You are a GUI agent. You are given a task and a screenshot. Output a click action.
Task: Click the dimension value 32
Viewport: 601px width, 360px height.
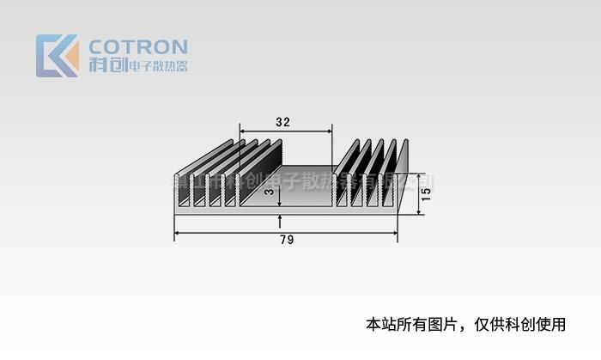[282, 122]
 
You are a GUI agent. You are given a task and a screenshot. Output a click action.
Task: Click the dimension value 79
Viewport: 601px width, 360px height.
[287, 241]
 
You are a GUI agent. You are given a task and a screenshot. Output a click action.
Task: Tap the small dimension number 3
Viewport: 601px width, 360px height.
[269, 193]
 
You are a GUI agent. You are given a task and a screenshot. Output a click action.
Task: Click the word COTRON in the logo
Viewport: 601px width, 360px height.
[137, 46]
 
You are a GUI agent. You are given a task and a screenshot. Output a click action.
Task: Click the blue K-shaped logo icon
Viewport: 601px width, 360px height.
[53, 56]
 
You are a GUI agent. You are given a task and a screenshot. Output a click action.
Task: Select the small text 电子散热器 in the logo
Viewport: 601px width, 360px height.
[157, 67]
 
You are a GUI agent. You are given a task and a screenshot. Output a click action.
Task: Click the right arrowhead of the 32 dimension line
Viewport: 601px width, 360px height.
[329, 131]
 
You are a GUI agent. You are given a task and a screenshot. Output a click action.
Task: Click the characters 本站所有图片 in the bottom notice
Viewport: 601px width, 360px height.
[411, 325]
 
